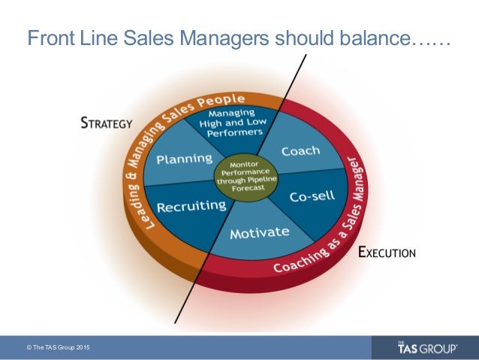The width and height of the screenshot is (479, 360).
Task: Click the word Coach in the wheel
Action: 300,152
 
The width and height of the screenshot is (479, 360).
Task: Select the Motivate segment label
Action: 259,233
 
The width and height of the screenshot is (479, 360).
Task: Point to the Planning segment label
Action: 184,159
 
